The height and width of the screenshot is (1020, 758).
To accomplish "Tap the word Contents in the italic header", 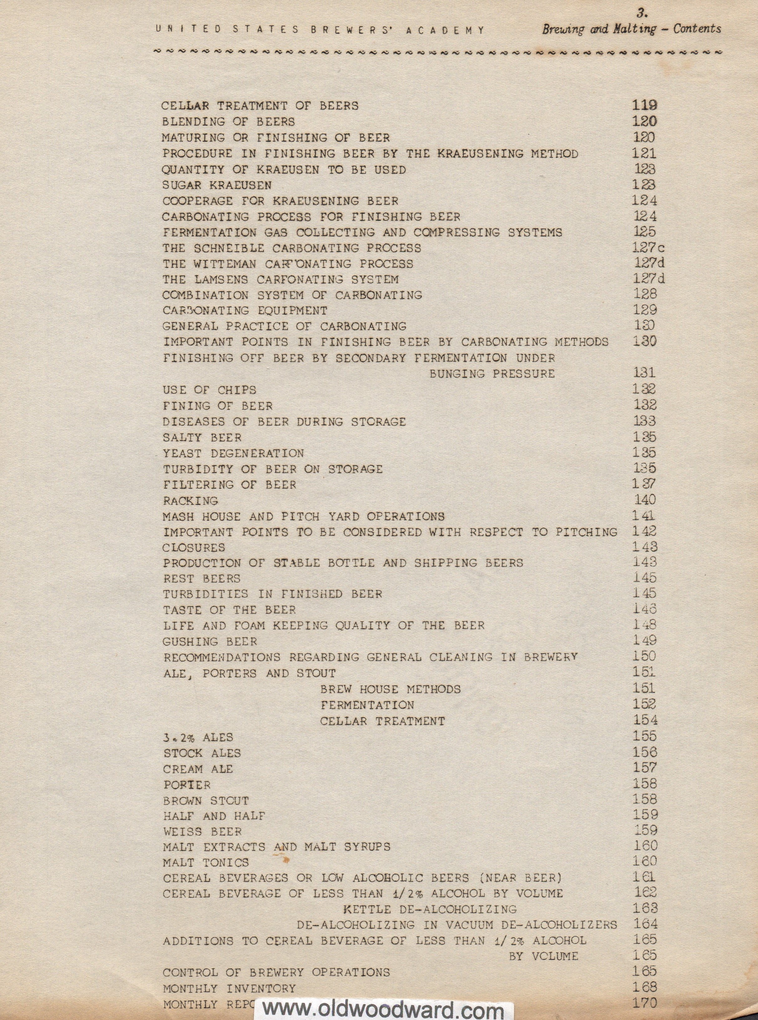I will pos(697,29).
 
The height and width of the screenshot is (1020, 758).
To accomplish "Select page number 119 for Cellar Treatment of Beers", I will pos(644,105).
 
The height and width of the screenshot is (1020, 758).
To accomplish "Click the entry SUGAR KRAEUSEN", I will pos(217,185).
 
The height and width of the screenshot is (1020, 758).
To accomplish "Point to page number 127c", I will pos(648,248).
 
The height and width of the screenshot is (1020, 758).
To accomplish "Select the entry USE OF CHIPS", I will pos(209,390).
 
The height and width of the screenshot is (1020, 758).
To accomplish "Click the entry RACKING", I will pos(190,500).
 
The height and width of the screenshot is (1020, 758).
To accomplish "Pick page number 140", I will pos(645,500).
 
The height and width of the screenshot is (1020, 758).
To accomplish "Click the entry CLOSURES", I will pos(194,548).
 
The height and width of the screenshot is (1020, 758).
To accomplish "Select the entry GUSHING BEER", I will pos(210,642).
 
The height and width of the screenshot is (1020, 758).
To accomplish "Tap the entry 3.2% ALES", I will pos(198,737).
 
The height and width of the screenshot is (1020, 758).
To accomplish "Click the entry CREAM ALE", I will pos(198,769).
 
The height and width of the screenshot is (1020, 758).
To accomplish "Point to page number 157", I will pos(645,768).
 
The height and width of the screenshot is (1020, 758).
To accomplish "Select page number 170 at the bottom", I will pos(645,1002).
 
